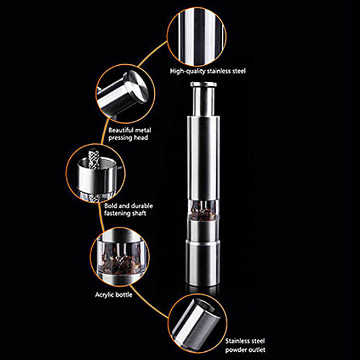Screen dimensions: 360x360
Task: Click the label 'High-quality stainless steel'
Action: click(208, 71)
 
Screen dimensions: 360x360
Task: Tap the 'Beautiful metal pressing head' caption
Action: click(130, 134)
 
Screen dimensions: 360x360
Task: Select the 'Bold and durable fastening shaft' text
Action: click(128, 210)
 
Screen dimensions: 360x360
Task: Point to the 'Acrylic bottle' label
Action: click(114, 295)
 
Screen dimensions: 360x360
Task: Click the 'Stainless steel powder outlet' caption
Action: click(245, 345)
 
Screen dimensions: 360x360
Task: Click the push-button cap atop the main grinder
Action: click(204, 85)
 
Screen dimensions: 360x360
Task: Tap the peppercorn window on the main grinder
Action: click(203, 210)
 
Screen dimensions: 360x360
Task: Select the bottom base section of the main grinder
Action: click(203, 263)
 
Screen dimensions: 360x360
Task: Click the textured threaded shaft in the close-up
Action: click(93, 159)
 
